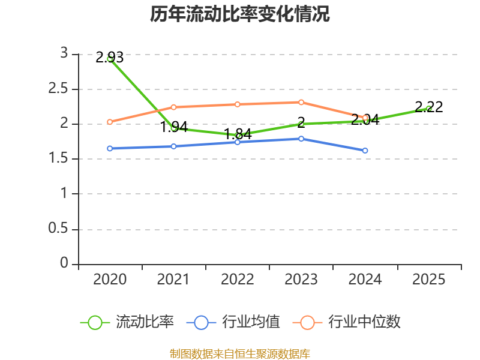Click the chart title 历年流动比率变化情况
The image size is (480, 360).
[239, 14]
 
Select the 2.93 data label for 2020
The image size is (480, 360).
[110, 58]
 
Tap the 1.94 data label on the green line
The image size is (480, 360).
[174, 127]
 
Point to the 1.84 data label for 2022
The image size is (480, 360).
[238, 134]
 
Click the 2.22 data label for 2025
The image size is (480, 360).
[429, 107]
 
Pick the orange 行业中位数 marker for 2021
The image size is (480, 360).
[173, 107]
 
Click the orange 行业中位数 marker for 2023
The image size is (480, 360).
[301, 102]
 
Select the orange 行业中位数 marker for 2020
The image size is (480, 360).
[110, 122]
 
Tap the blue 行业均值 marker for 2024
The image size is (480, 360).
[365, 151]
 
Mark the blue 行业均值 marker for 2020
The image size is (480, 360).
[110, 148]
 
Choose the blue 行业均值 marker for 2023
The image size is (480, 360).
[301, 139]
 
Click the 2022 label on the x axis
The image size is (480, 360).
[238, 280]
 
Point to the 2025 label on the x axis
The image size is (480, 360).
[428, 280]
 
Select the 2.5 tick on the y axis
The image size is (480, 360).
[58, 89]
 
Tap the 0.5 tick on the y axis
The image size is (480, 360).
[58, 229]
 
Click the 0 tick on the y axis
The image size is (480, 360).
[64, 263]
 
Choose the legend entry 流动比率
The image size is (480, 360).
[127, 322]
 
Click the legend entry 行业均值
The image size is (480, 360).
[233, 322]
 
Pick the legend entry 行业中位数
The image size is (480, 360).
[347, 322]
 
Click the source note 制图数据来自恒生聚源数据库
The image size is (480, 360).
[240, 354]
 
